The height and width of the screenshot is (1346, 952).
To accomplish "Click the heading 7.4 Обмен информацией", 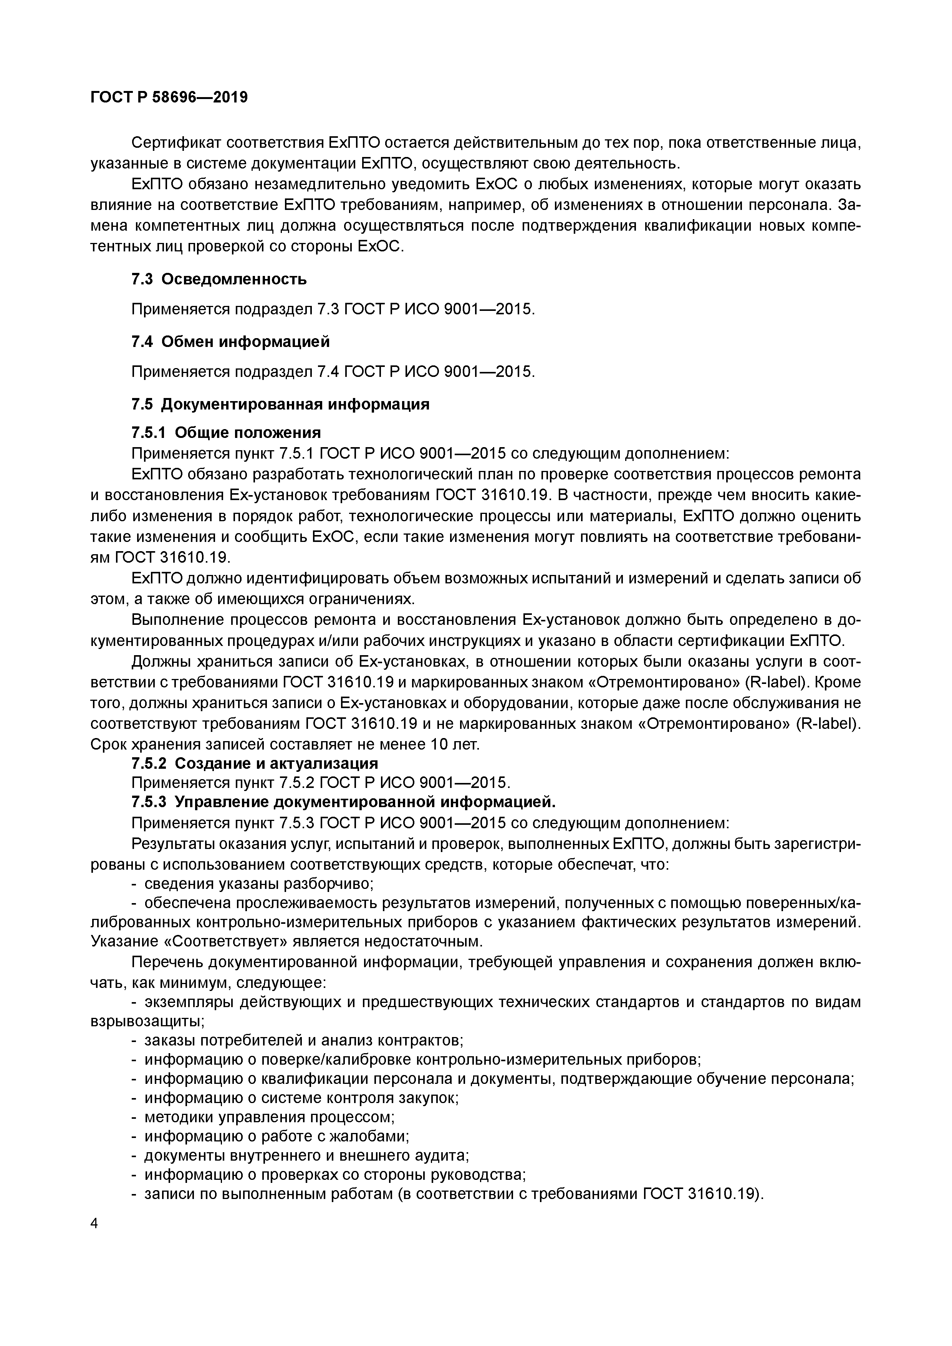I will tap(230, 341).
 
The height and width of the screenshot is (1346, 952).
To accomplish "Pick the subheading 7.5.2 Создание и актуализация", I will tap(255, 763).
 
